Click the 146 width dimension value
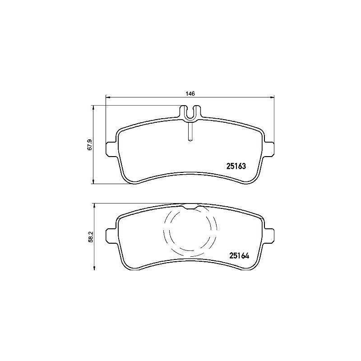coord(190,93)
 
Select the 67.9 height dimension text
coord(89,145)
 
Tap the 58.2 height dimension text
coord(89,236)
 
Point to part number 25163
coord(235,166)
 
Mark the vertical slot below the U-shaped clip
coord(190,132)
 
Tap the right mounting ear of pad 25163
coord(269,148)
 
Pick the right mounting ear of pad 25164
coord(269,235)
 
